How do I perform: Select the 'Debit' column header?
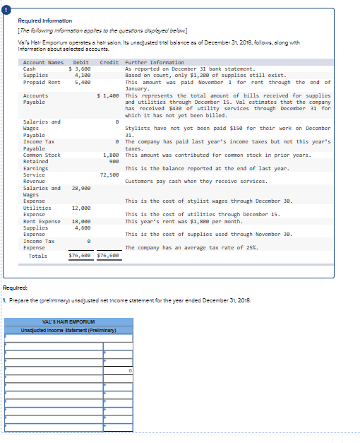(80, 62)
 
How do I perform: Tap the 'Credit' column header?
(109, 62)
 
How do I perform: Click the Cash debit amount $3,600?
(79, 69)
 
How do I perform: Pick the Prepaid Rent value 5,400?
(81, 81)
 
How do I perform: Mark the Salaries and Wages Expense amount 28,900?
(80, 188)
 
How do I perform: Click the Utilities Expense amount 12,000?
(80, 208)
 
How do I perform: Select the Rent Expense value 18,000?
(80, 221)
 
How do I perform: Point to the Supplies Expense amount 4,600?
(82, 228)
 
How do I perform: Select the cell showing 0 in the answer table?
(130, 370)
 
